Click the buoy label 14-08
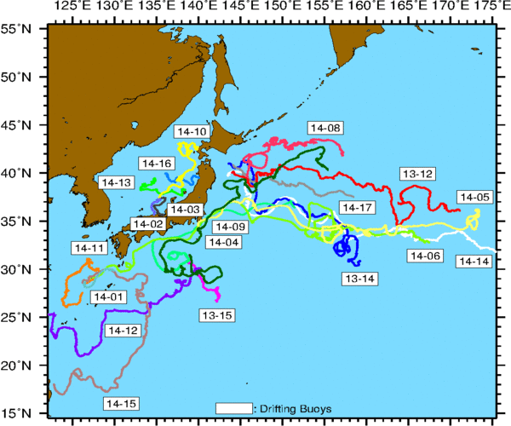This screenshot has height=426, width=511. [x=325, y=128]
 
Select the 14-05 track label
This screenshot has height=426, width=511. [x=474, y=197]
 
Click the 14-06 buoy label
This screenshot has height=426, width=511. [x=426, y=256]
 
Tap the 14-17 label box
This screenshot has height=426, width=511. [x=357, y=208]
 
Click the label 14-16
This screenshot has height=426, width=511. [x=156, y=163]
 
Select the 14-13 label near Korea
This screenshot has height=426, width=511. [x=116, y=182]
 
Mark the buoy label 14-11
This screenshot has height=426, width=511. [x=89, y=248]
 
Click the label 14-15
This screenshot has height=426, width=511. [x=120, y=402]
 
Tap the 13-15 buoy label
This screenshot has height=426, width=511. [x=216, y=315]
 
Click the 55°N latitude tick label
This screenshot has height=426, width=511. [x=19, y=28]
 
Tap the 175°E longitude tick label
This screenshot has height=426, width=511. [x=490, y=8]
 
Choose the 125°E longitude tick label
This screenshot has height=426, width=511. [x=72, y=8]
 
